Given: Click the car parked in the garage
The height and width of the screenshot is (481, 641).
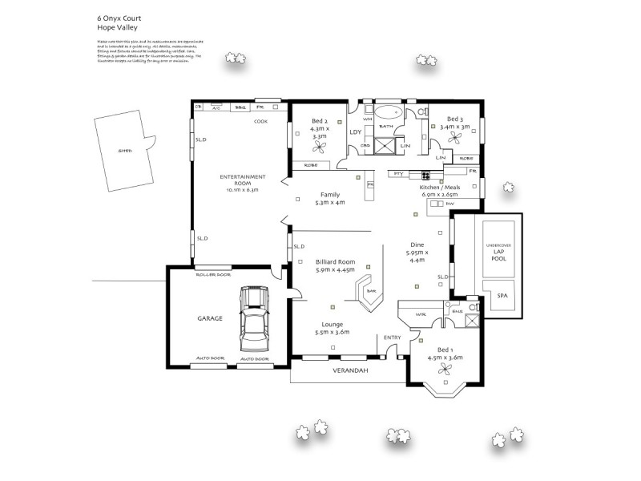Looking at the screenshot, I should pos(254,317).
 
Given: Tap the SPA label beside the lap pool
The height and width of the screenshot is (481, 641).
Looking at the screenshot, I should pos(502,296).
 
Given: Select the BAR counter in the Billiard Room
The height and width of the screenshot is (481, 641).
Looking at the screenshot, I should pos(371,292).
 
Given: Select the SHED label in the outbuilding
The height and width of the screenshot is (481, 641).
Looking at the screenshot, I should pos(124,150).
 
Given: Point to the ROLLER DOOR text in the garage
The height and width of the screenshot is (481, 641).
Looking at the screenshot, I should pos(213,274).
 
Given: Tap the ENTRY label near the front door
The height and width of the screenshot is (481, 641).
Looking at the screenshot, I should pos(393,338).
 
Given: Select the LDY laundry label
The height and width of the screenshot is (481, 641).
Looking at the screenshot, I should pos(357,131).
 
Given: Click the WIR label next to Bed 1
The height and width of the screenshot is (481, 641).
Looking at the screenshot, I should pos(421,313).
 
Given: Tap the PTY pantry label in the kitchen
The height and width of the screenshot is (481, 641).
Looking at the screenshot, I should pos(397,173).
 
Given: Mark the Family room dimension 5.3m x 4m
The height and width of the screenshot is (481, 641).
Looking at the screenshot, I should pos(330,203).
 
